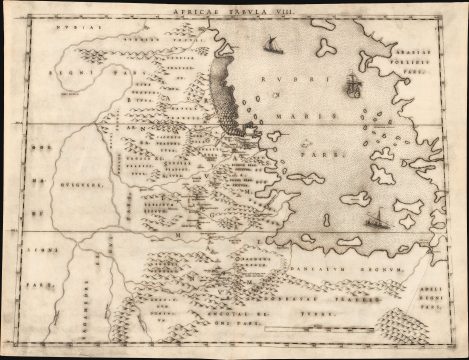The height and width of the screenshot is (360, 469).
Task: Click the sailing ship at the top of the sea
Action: (270, 45)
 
